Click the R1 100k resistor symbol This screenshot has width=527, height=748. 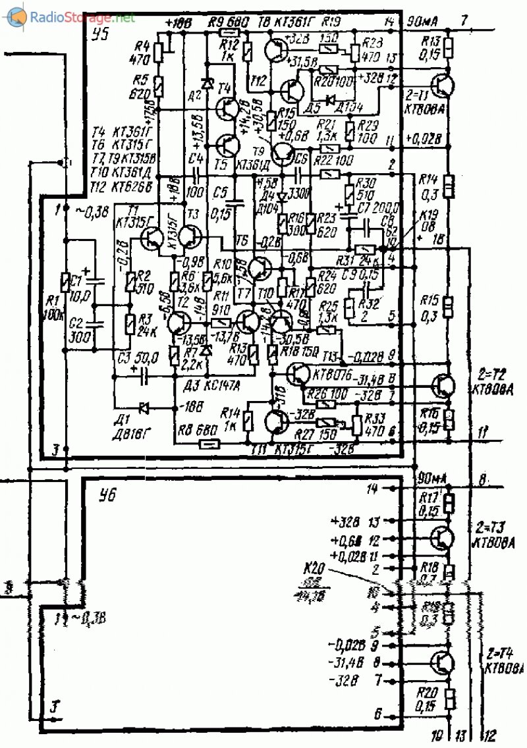(x=65, y=282)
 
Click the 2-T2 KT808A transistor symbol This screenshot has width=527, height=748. (x=444, y=386)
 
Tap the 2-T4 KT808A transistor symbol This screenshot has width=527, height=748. (x=443, y=661)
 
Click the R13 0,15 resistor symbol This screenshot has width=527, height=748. (x=448, y=49)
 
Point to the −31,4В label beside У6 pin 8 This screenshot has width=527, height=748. (x=345, y=664)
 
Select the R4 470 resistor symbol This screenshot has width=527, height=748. (x=158, y=53)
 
